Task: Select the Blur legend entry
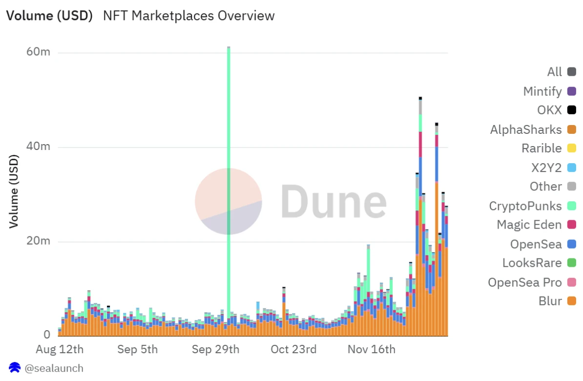coord(550,301)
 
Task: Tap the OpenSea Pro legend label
coord(525,282)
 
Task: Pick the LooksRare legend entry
coord(532,263)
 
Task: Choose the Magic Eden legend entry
coord(529,225)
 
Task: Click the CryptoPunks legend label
coord(525,206)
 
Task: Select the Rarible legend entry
coord(541,148)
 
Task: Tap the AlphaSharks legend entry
coord(526,129)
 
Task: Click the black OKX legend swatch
coord(571,110)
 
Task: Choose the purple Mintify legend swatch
coord(571,91)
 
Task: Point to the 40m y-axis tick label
coord(39,147)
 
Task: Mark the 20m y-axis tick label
coord(39,241)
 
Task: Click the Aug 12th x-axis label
coord(60,350)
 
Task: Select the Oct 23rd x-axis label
coord(293,350)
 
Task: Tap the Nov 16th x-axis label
coord(371,350)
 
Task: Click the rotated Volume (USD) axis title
coord(14,191)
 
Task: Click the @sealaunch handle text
coord(54,368)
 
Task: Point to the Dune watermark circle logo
coord(228,201)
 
